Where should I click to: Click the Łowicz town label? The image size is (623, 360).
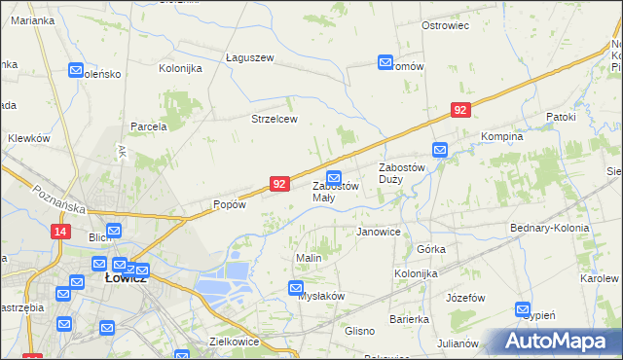[125, 278]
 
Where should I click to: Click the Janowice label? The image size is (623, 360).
[379, 233]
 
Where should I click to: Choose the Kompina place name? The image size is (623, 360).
[502, 137]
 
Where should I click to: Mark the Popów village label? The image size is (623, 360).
[229, 205]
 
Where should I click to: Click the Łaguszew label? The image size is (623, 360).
[250, 57]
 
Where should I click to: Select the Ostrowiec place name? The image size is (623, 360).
[446, 25]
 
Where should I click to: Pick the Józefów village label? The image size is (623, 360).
[465, 298]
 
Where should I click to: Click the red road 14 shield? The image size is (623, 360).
[61, 231]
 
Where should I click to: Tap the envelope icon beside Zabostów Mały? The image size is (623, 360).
[334, 177]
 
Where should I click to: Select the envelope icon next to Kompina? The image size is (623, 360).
[440, 150]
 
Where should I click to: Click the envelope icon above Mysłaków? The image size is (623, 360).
[296, 287]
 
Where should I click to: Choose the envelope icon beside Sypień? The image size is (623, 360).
[522, 309]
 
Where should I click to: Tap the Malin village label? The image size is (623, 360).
[309, 258]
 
